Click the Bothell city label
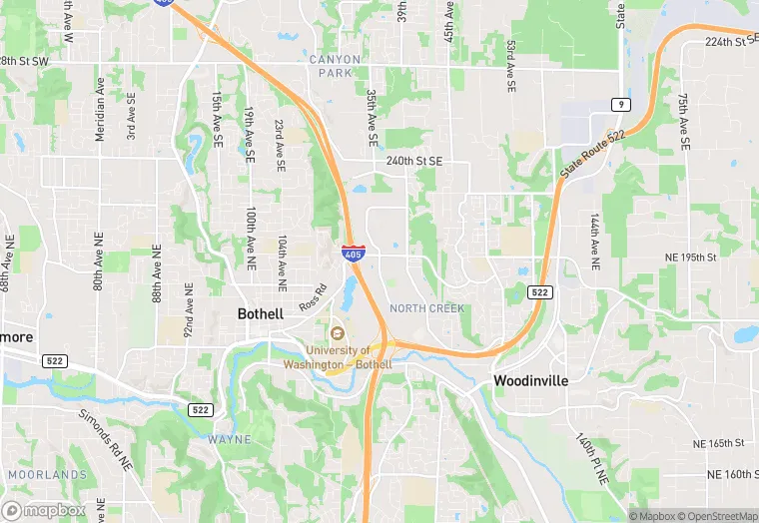261,313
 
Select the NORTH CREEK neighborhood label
427,308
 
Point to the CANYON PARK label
335,66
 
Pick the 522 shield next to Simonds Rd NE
201,410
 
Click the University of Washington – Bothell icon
337,332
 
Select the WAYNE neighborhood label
230,439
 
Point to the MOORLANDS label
48,474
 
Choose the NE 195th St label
691,258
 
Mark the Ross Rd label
314,297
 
